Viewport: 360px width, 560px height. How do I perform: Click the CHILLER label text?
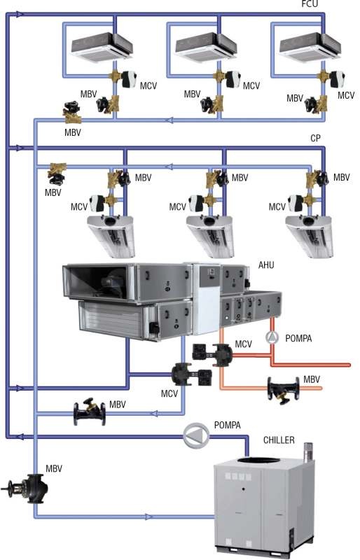[279, 440]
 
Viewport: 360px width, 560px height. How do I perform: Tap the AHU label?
[266, 265]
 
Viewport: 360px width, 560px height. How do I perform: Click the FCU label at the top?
[310, 4]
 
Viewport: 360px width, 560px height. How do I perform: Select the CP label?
[315, 138]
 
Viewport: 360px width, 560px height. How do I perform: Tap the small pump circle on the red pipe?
[272, 337]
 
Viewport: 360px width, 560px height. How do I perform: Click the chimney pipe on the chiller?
[307, 451]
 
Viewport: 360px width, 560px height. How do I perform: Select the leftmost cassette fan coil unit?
[102, 48]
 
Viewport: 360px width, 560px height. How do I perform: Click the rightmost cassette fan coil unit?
[310, 48]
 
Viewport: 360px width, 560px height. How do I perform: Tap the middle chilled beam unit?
[210, 237]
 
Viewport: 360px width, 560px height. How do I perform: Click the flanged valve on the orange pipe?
[284, 391]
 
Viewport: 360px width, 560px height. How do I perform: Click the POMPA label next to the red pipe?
[298, 338]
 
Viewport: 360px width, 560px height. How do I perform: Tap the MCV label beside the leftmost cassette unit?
[148, 85]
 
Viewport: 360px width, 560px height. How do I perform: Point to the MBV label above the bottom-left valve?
[54, 468]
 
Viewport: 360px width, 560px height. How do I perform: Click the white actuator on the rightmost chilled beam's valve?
[296, 203]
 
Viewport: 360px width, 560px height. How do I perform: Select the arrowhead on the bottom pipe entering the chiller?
[148, 517]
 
